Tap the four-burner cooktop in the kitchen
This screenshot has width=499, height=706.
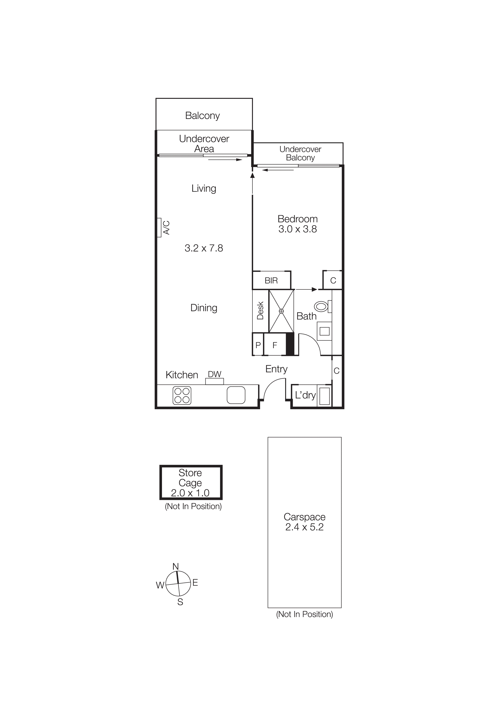pyautogui.click(x=182, y=395)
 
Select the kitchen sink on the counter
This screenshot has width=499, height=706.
pyautogui.click(x=236, y=395)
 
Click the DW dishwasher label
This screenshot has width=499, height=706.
pyautogui.click(x=215, y=374)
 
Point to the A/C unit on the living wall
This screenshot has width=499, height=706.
pyautogui.click(x=159, y=228)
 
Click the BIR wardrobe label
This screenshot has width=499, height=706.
pyautogui.click(x=271, y=280)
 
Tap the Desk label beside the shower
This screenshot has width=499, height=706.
pyautogui.click(x=260, y=311)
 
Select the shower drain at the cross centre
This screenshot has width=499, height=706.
pyautogui.click(x=281, y=311)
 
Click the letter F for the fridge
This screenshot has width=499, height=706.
pyautogui.click(x=275, y=345)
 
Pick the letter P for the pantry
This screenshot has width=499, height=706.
pyautogui.click(x=258, y=345)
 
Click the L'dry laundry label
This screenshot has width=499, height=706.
pyautogui.click(x=305, y=395)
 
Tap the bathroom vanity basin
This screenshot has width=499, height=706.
pyautogui.click(x=324, y=331)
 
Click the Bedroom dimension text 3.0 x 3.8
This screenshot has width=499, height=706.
pyautogui.click(x=297, y=229)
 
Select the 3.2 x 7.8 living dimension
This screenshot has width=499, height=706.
pyautogui.click(x=204, y=248)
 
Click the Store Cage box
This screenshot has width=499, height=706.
pyautogui.click(x=191, y=482)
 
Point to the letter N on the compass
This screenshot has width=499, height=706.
pyautogui.click(x=176, y=566)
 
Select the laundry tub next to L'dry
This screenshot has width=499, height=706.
pyautogui.click(x=324, y=396)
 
